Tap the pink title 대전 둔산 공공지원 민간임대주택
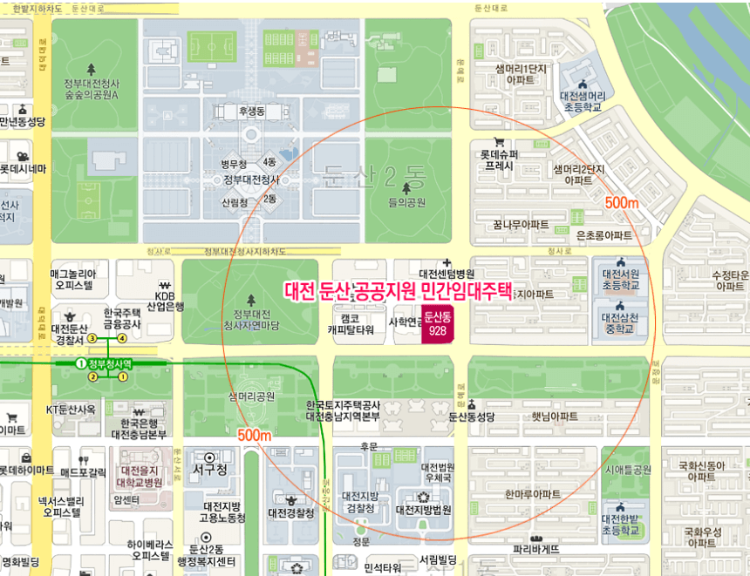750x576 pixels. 399,291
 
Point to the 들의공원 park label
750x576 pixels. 406,203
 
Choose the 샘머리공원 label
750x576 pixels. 252,396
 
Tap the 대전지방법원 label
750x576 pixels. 423,510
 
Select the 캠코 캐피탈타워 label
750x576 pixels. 351,324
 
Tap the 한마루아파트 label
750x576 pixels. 533,494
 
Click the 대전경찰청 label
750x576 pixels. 291,513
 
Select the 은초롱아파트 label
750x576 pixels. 604,235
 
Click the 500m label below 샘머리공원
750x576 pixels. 255,434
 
